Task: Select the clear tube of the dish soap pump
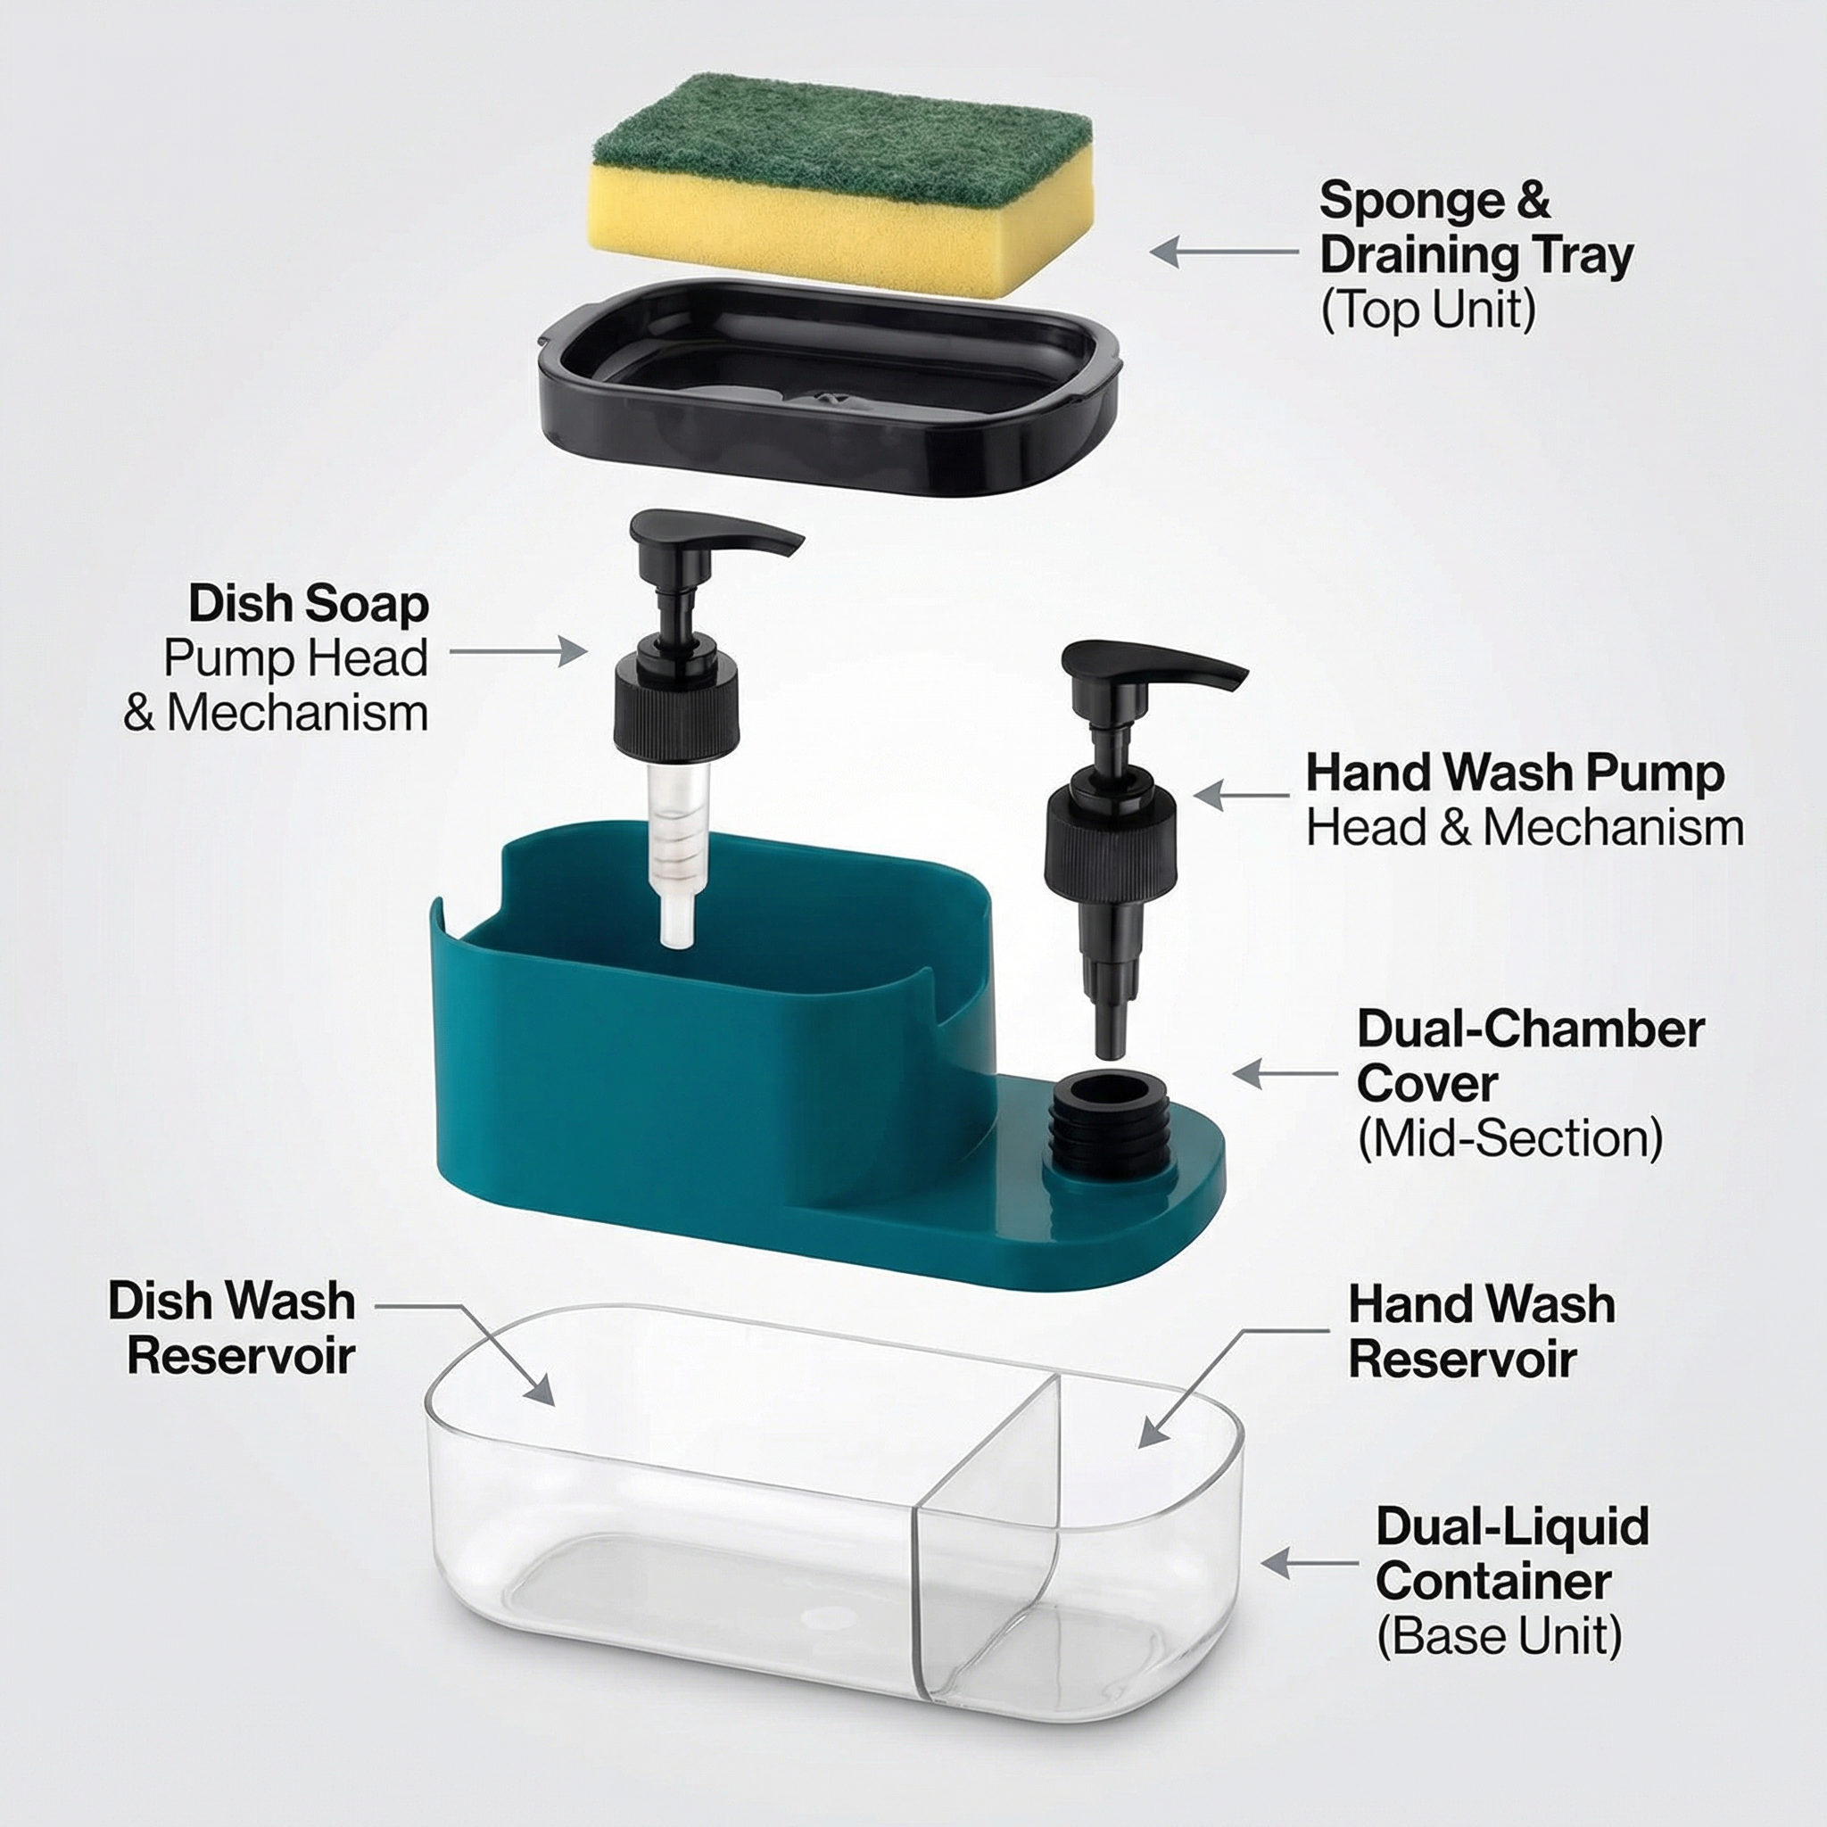pyautogui.click(x=679, y=851)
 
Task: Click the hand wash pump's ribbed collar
pyautogui.click(x=1110, y=842)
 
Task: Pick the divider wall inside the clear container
pyautogui.click(x=988, y=1532)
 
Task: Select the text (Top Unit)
pyautogui.click(x=1428, y=310)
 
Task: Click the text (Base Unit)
pyautogui.click(x=1499, y=1636)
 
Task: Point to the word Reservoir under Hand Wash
pyautogui.click(x=1462, y=1359)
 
